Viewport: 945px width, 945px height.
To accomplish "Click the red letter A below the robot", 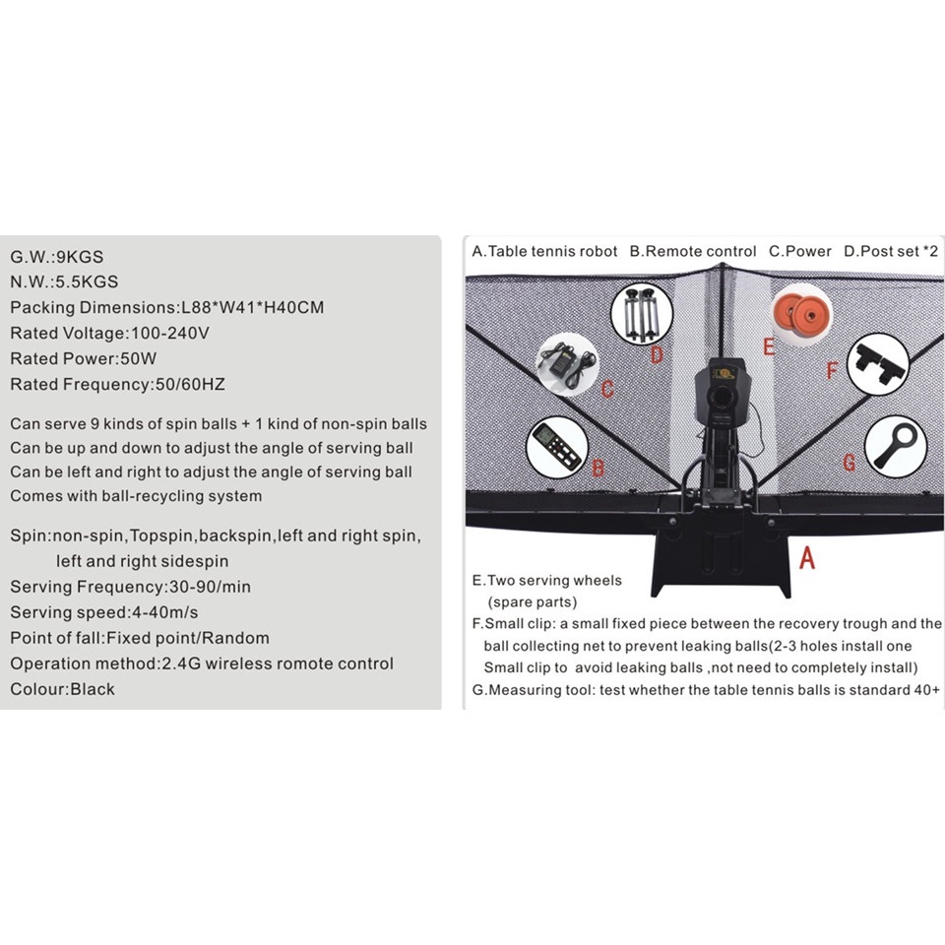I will [x=807, y=558].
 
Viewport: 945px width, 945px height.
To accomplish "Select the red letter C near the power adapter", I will [x=607, y=388].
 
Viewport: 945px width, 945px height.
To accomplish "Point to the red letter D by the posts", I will [x=657, y=353].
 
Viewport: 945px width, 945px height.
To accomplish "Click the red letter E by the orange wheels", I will [x=769, y=346].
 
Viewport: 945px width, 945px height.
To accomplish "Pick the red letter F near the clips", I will [x=832, y=371].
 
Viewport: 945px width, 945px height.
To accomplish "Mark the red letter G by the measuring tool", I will [x=849, y=460].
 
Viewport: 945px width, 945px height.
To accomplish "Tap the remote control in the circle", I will [x=557, y=448].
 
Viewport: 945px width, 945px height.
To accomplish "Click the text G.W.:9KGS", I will [x=57, y=257].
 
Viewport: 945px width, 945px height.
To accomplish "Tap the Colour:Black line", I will [x=62, y=689].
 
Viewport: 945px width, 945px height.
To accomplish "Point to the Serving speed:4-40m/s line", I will [x=104, y=612].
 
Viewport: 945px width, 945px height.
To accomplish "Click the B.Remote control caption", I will [x=694, y=251].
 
